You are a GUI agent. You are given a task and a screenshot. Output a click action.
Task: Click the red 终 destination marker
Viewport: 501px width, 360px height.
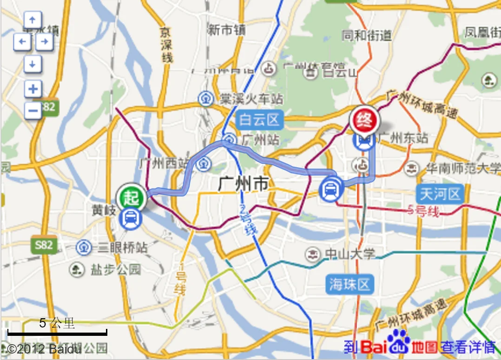pyautogui.click(x=365, y=121)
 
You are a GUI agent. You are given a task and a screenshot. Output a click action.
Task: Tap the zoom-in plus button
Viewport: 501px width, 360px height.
pyautogui.click(x=33, y=89)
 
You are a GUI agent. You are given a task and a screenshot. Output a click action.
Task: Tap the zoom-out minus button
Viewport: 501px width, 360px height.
pyautogui.click(x=33, y=110)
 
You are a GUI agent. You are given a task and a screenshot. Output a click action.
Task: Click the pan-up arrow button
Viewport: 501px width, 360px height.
pyautogui.click(x=33, y=20)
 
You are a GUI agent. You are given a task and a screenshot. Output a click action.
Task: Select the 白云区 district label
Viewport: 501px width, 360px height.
pyautogui.click(x=260, y=120)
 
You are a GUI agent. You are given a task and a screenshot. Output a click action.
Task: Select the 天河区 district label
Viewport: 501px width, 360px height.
pyautogui.click(x=440, y=193)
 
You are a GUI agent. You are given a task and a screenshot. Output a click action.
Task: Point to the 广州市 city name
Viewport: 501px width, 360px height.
pyautogui.click(x=243, y=184)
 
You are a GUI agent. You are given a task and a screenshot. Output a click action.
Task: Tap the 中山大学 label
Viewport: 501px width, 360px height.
pyautogui.click(x=349, y=254)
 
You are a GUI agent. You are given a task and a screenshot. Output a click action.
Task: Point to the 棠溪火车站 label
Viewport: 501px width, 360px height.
pyautogui.click(x=252, y=99)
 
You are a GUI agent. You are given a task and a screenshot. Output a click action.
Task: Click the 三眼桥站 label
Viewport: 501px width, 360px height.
pyautogui.click(x=122, y=247)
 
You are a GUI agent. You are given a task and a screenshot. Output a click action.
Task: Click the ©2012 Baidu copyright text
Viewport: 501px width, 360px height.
pyautogui.click(x=44, y=348)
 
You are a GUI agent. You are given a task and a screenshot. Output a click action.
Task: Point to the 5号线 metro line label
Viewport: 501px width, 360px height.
pyautogui.click(x=423, y=211)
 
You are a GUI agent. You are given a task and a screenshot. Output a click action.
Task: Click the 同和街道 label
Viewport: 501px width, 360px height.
pyautogui.click(x=367, y=35)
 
